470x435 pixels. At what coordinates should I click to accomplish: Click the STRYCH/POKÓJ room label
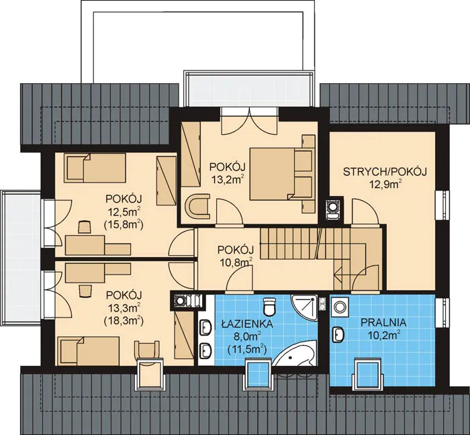point(385,172)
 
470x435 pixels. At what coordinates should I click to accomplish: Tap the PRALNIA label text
point(383,323)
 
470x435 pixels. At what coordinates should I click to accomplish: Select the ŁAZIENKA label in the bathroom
point(247,324)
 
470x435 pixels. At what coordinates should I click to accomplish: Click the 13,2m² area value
point(227,179)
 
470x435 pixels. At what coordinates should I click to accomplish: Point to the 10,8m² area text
point(236,262)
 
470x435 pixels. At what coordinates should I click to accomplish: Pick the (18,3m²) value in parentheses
point(124,321)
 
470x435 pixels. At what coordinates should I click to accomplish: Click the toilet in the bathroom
point(269,306)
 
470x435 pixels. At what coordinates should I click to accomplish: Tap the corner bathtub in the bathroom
point(295,354)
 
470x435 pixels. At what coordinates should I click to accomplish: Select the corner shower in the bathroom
point(304,307)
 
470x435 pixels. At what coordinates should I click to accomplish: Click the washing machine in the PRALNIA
point(340,306)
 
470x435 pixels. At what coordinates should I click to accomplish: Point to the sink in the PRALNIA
point(338,334)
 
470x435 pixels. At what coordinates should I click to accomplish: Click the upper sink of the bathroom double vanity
point(205,327)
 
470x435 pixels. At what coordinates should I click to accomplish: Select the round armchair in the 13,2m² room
point(197,206)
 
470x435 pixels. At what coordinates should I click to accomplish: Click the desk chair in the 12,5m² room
point(84,227)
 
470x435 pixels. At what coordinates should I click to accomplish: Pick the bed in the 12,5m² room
point(95,168)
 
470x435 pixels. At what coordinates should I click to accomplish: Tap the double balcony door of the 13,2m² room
point(249,122)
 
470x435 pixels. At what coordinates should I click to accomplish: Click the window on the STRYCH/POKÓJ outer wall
point(442,205)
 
